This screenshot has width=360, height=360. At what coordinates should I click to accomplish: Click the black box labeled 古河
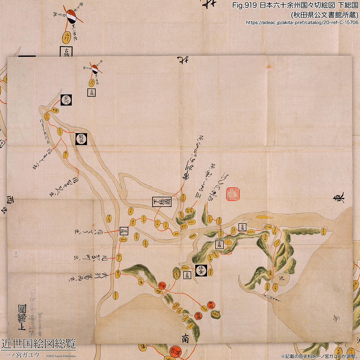click(66, 99)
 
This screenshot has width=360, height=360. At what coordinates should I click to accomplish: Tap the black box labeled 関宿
click(81, 139)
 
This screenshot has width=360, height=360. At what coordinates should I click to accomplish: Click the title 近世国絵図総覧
click(39, 343)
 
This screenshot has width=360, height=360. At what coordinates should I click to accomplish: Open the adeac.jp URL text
click(302, 22)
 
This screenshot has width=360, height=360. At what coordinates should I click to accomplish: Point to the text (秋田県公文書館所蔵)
click(324, 15)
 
